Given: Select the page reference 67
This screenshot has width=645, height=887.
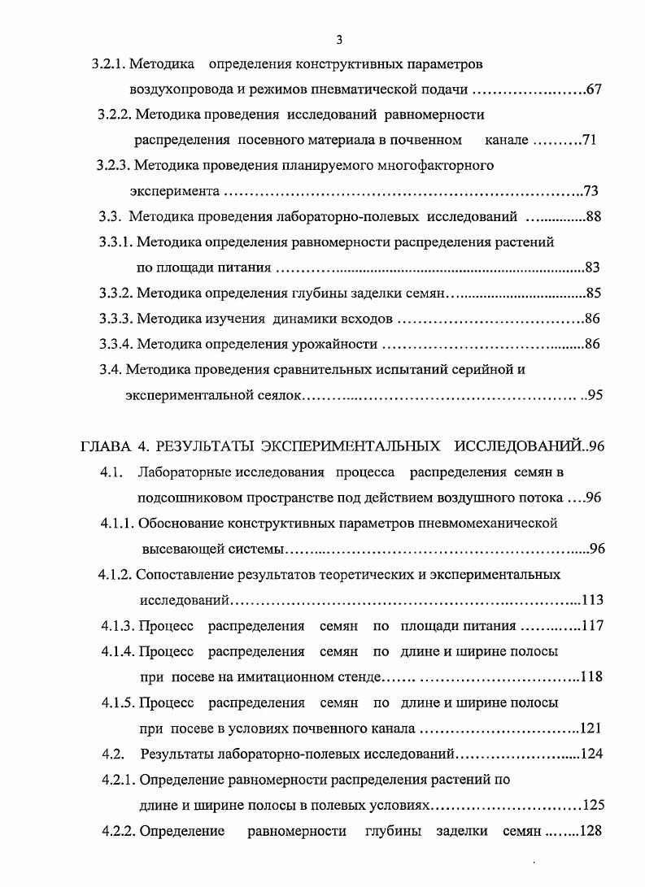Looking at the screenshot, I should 593,89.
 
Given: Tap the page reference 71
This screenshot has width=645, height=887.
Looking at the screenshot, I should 590,141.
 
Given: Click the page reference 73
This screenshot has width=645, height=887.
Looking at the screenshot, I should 591,192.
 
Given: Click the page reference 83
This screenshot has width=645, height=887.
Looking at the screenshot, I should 592,267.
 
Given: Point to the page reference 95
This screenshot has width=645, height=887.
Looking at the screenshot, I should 594,395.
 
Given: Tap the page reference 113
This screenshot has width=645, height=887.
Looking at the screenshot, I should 592,600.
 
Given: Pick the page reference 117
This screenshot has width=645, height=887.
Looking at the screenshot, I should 591,626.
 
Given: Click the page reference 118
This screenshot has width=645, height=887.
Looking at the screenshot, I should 591,677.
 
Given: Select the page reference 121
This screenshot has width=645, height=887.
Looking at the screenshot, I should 591,728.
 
